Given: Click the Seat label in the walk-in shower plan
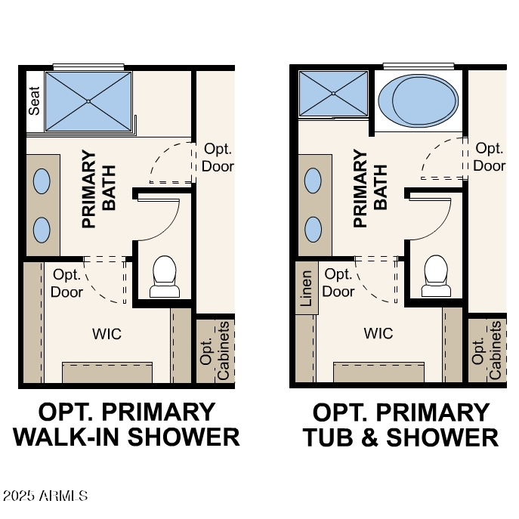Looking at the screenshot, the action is [34, 101].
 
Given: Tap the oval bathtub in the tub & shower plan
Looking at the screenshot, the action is [419, 100].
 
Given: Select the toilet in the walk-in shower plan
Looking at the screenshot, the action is [165, 276].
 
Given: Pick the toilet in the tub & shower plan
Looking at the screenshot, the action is [436, 276].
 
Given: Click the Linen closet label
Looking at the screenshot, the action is [306, 288].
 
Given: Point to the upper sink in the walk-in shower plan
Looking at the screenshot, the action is [42, 181].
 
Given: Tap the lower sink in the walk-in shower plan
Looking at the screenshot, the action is [42, 230].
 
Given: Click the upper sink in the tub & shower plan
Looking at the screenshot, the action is [313, 181].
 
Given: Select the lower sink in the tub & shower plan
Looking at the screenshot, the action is [313, 230].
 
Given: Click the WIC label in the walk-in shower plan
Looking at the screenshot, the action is [107, 334].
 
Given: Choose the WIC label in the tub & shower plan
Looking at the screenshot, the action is [378, 333].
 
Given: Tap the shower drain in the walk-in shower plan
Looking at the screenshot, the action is [88, 102].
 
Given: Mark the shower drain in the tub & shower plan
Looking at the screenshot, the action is [333, 94].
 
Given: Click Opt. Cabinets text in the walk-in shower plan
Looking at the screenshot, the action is [215, 351].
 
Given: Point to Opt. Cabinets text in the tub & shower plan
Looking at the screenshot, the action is [486, 351].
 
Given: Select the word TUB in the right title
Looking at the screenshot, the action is [328, 437].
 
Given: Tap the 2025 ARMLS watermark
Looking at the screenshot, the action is [45, 496].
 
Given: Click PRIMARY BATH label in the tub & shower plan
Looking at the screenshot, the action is [370, 188].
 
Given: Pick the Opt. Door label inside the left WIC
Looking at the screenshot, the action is [66, 283].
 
